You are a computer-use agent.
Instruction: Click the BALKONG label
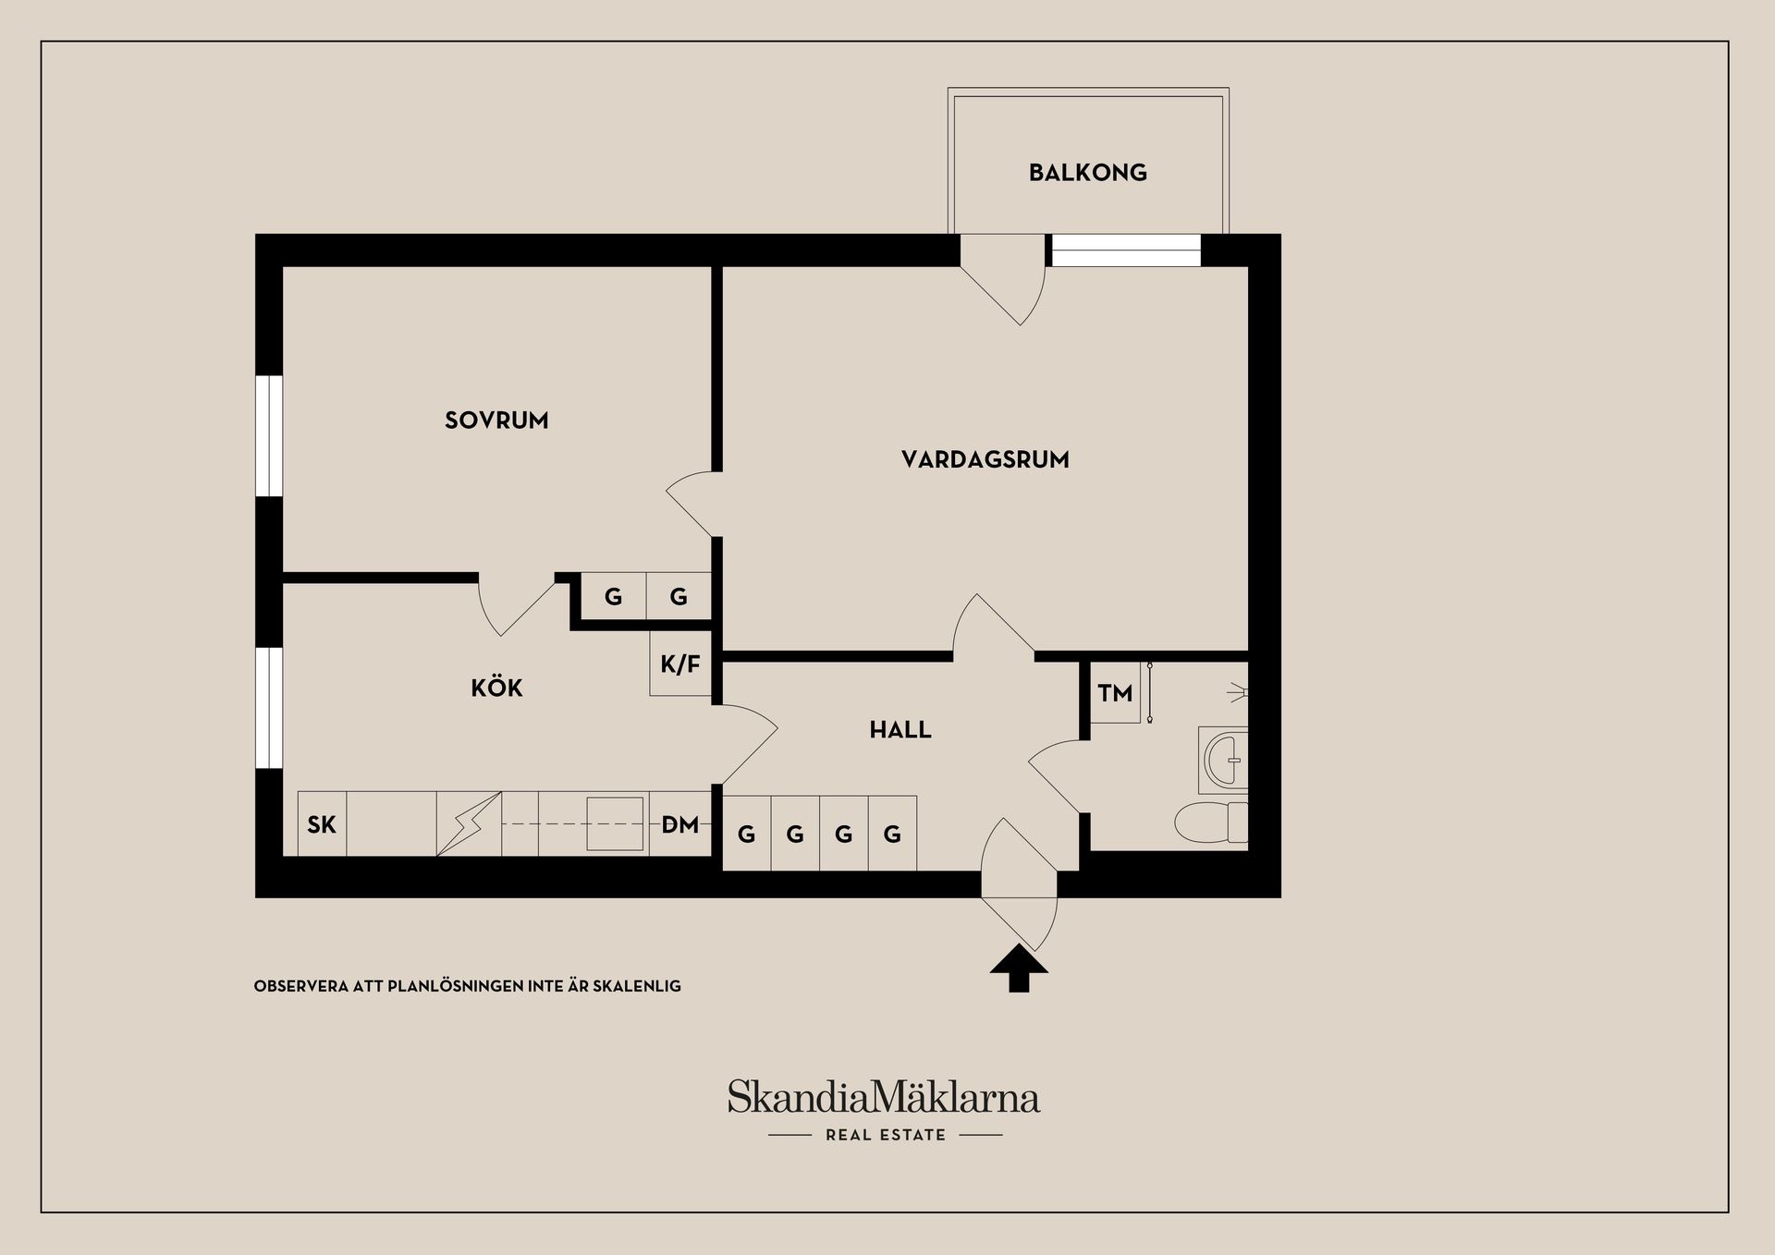(1087, 173)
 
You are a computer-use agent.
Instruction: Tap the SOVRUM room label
(496, 420)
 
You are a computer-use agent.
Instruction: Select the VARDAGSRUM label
(985, 459)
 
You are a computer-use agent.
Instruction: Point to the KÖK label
(496, 688)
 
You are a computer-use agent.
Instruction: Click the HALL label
(900, 730)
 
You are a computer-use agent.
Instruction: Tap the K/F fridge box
(680, 664)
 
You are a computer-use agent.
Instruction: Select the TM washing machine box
(1115, 692)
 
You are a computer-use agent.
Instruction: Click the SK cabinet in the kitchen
(322, 824)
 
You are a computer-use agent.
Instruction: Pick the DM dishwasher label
(680, 824)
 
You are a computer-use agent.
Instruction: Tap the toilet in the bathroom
(1211, 822)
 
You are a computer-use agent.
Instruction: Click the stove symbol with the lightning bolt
(469, 823)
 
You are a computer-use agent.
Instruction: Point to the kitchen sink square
(615, 823)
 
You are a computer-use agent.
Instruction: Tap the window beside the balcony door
(1126, 250)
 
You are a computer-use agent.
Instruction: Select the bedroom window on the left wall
(268, 435)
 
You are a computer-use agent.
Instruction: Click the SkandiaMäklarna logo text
(883, 1098)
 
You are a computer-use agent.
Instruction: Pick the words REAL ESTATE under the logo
(886, 1135)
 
